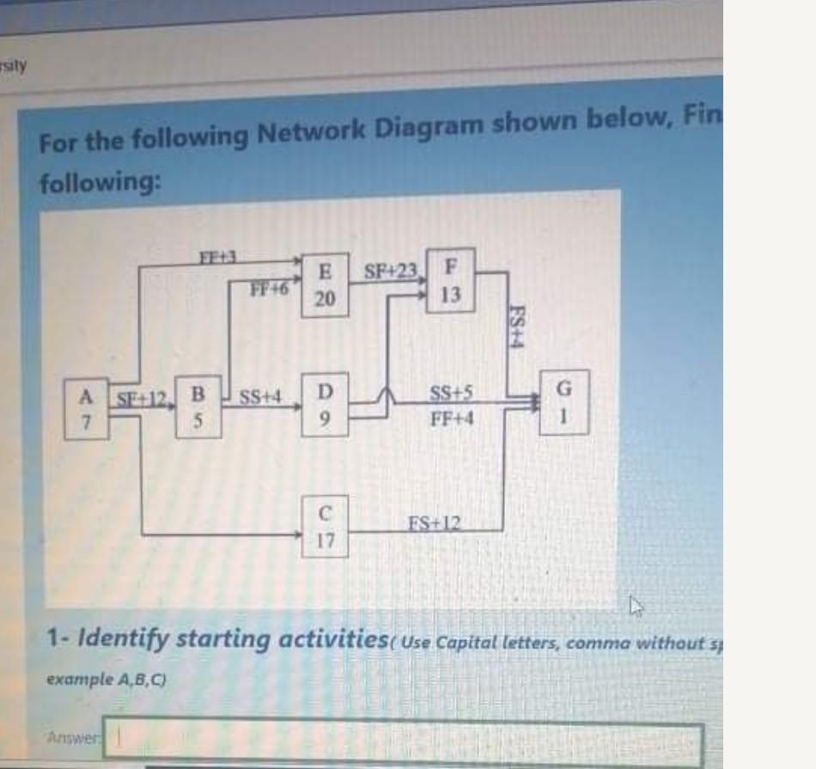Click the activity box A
[86, 409]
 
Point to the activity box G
[564, 401]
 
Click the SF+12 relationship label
[141, 397]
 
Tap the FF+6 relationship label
[267, 289]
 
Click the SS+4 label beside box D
[260, 398]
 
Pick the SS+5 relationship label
[450, 397]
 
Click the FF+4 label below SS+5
[450, 420]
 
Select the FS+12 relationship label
[434, 522]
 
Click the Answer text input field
[404, 741]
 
